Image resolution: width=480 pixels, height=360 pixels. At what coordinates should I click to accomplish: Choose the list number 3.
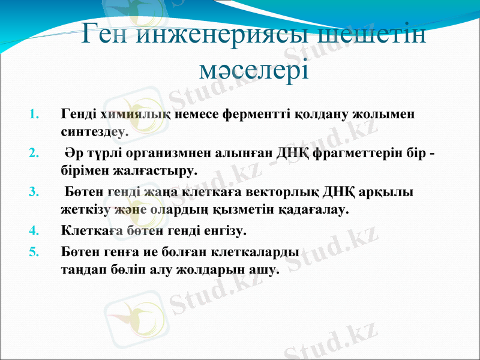(34, 192)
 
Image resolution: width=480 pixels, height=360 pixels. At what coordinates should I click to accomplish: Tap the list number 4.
(34, 230)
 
